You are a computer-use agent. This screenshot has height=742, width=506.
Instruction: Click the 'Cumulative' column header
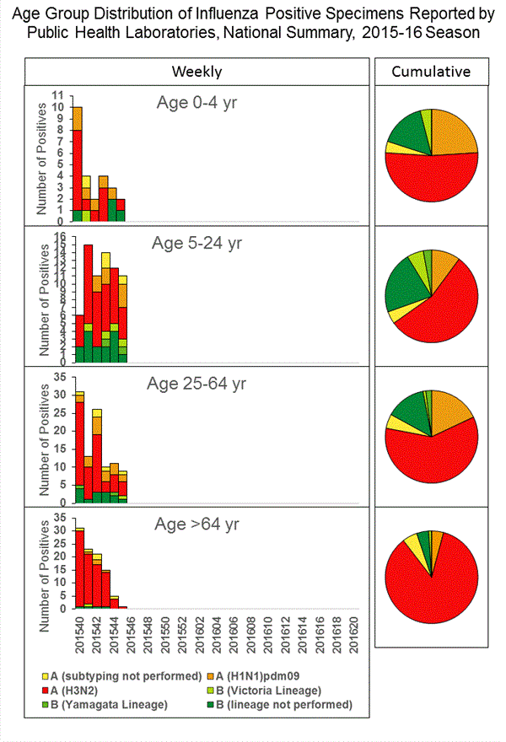[x=431, y=72]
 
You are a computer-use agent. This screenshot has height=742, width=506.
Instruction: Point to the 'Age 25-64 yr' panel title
[x=199, y=384]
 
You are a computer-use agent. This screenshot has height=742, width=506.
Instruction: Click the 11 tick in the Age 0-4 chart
[x=57, y=94]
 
